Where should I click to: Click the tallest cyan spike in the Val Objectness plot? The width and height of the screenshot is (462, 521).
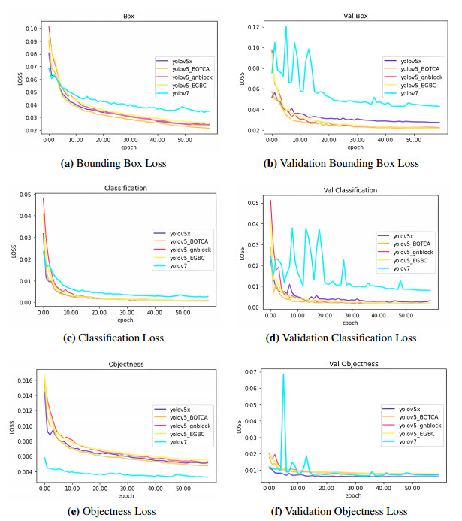coord(283,374)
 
